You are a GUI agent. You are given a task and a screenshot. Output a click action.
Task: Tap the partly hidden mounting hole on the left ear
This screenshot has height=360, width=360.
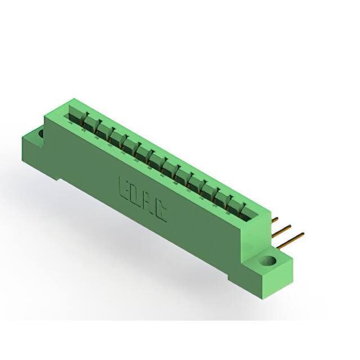click(x=40, y=134)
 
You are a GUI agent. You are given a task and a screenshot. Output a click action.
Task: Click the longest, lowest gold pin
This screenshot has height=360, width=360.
click(x=292, y=238)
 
